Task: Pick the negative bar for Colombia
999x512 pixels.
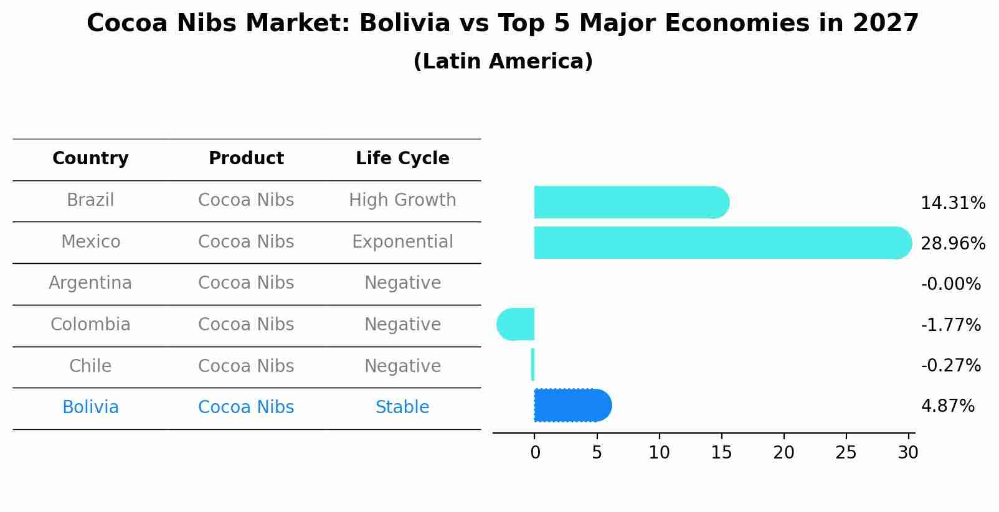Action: click(x=516, y=324)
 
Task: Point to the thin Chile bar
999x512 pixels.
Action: click(x=533, y=365)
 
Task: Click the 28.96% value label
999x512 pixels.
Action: click(x=952, y=243)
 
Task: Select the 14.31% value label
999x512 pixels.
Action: click(x=952, y=203)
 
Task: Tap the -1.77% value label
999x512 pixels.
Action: click(x=950, y=325)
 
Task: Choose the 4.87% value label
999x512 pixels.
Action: click(x=947, y=406)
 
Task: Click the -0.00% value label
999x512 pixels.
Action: click(x=950, y=284)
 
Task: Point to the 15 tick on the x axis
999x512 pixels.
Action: click(x=721, y=453)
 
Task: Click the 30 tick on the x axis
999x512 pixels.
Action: click(x=908, y=453)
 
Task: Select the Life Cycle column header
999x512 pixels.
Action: click(x=402, y=159)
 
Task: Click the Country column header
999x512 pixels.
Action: click(x=90, y=159)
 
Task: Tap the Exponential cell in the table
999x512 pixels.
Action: click(x=402, y=241)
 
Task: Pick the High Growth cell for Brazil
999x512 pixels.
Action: click(x=402, y=200)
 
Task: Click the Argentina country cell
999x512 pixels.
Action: click(x=90, y=283)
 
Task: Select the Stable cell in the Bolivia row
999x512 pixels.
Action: click(x=402, y=407)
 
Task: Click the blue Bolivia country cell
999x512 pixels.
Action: click(x=90, y=407)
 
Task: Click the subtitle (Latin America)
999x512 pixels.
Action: click(x=503, y=62)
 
